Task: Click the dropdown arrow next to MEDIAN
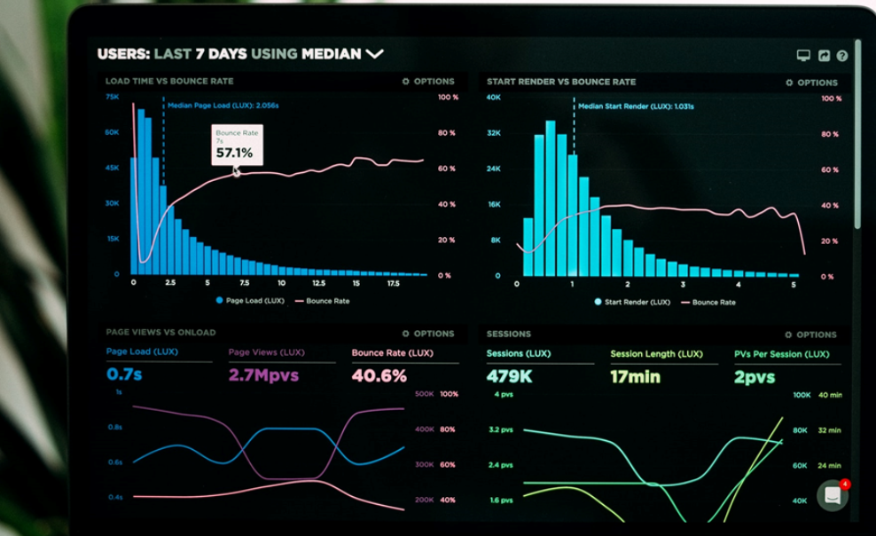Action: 374,54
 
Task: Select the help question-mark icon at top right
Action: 841,56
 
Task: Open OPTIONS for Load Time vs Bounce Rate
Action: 428,82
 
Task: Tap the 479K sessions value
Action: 509,376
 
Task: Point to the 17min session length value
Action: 635,376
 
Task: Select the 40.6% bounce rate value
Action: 379,375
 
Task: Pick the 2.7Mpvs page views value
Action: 263,375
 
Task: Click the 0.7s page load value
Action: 124,375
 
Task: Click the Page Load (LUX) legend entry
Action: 249,301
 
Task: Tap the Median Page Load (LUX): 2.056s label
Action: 223,106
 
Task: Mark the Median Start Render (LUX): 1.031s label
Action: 635,106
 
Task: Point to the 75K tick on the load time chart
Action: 113,97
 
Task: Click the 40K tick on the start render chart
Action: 494,97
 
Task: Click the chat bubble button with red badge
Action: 833,495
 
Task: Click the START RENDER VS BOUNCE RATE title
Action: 560,82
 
